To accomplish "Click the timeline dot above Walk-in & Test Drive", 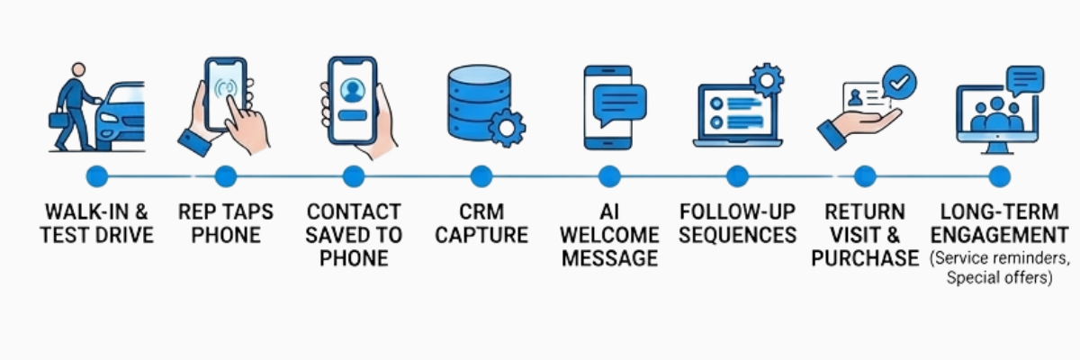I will (97, 176).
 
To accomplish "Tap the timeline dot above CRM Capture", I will (481, 176).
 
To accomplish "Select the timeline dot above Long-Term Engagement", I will (999, 176).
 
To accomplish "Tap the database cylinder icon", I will (476, 102).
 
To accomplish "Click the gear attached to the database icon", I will (507, 128).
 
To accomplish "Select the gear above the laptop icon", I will (767, 80).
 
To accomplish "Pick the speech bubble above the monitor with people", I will (1025, 81).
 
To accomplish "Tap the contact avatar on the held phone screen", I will (353, 90).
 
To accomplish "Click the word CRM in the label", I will (481, 212).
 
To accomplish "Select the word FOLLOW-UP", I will (737, 212).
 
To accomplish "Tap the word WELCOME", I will (609, 236).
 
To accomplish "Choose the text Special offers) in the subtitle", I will (999, 279).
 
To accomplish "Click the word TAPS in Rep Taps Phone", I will (248, 212).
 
